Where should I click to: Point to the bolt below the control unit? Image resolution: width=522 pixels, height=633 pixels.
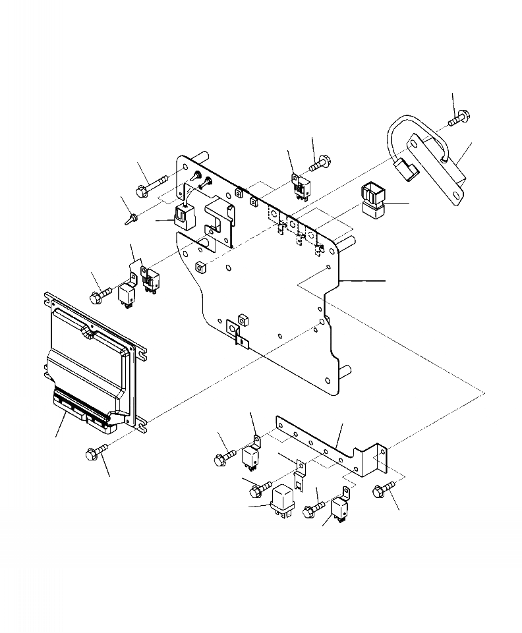(x=95, y=453)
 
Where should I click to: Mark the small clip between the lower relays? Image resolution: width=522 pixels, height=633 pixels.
(x=299, y=474)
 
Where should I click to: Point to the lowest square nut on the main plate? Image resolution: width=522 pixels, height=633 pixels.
(x=242, y=320)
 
